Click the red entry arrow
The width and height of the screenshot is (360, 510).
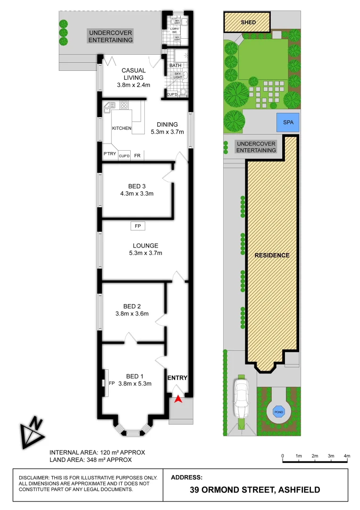click(x=177, y=399)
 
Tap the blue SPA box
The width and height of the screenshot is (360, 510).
click(x=288, y=122)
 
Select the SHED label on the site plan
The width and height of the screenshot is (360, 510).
click(x=248, y=23)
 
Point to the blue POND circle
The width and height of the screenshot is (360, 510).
click(x=279, y=412)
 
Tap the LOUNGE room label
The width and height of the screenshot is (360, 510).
click(x=145, y=246)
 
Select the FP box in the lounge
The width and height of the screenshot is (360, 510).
click(x=138, y=227)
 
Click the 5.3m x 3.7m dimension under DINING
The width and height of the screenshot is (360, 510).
click(x=167, y=132)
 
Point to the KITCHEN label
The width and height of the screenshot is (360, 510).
click(x=121, y=128)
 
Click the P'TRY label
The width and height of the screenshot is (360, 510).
click(x=110, y=154)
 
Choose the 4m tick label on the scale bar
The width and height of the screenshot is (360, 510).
click(x=347, y=456)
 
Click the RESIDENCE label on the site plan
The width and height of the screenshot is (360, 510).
click(x=272, y=255)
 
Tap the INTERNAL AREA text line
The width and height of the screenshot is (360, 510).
click(x=97, y=452)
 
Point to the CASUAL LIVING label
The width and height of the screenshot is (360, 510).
click(x=134, y=74)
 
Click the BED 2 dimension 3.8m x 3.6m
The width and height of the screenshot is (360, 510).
click(x=133, y=314)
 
